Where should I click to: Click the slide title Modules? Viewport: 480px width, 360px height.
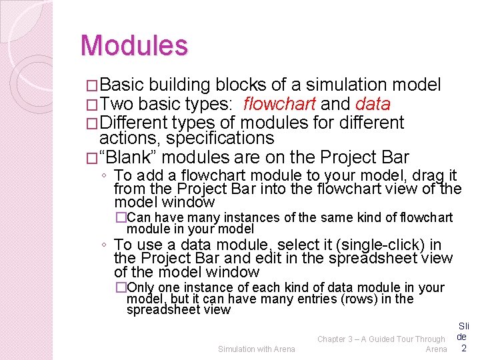(134, 46)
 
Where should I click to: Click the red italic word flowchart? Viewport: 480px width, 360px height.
(280, 104)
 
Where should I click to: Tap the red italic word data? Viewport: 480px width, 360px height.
(373, 104)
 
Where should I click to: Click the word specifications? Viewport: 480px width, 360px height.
(220, 139)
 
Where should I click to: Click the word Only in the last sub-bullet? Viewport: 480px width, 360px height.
(139, 287)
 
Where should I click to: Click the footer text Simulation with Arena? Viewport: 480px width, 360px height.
(256, 349)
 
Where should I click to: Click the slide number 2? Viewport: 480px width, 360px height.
(463, 348)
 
